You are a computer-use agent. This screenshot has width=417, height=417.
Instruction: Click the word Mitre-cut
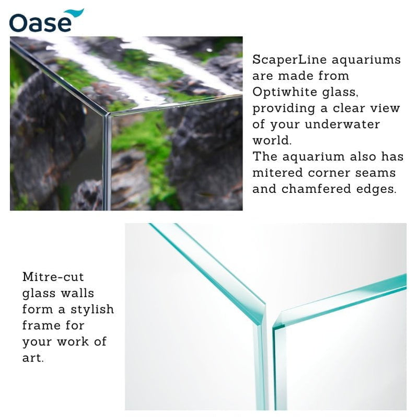point(53,277)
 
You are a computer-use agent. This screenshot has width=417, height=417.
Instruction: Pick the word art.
point(31,358)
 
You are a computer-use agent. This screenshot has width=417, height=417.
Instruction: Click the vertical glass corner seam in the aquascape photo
point(107,162)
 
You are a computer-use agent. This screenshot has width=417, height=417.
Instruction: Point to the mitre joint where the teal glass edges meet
point(267,314)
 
